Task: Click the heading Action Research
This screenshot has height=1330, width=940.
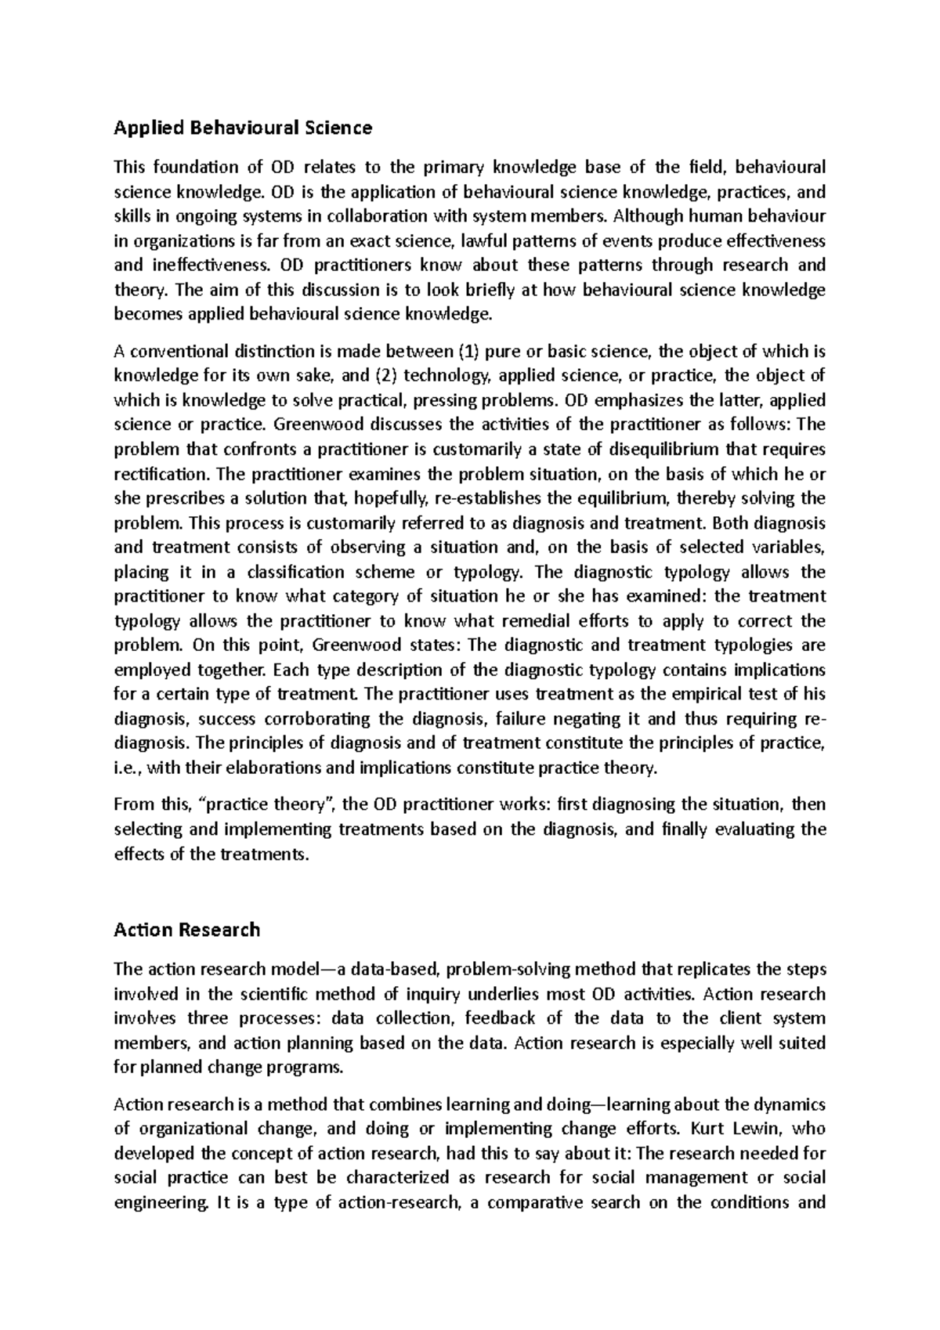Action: tap(186, 930)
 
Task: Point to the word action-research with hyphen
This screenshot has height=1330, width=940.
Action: tap(396, 1202)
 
